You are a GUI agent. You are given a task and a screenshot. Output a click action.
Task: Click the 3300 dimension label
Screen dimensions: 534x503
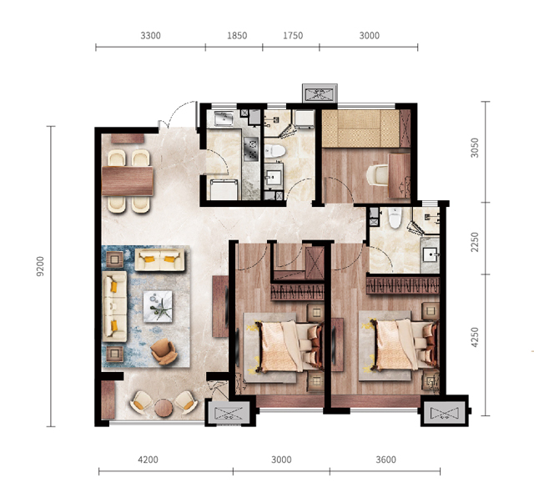click(x=150, y=35)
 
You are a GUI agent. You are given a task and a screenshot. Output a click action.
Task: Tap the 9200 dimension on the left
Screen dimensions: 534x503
click(x=40, y=266)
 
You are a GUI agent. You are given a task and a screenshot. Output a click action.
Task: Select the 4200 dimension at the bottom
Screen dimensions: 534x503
click(x=149, y=460)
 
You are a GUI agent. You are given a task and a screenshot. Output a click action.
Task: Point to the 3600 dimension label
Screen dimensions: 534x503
click(x=385, y=460)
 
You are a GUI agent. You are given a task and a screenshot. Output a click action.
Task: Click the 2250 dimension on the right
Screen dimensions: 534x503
click(x=475, y=242)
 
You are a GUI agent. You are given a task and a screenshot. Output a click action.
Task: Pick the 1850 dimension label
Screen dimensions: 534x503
click(x=237, y=35)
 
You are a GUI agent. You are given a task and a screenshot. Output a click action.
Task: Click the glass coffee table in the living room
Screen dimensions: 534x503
click(x=158, y=306)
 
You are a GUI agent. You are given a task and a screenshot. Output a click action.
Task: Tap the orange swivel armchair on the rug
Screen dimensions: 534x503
click(x=164, y=351)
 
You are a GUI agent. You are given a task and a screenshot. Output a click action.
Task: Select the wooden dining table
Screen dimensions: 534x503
click(x=128, y=181)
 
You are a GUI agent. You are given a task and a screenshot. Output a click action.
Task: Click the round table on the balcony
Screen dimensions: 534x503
click(x=164, y=408)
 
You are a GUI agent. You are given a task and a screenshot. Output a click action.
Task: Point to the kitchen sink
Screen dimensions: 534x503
click(x=224, y=118)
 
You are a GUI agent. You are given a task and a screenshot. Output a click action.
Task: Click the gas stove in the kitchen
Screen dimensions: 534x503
click(x=252, y=148)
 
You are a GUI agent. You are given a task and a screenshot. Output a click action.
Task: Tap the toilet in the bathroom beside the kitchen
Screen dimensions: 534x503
click(x=275, y=151)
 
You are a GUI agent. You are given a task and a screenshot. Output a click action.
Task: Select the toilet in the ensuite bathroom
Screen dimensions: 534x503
click(x=395, y=218)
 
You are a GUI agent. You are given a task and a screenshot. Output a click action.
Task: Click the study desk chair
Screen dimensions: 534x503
click(x=377, y=175)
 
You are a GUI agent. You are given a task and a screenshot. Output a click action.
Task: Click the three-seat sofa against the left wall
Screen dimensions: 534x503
click(x=114, y=306)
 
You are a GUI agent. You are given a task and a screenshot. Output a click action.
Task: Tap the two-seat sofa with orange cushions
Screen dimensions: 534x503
click(x=159, y=259)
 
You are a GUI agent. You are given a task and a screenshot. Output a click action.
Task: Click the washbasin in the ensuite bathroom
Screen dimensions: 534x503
click(x=431, y=254)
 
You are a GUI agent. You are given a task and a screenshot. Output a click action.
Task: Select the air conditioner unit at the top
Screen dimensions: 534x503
click(x=320, y=93)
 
